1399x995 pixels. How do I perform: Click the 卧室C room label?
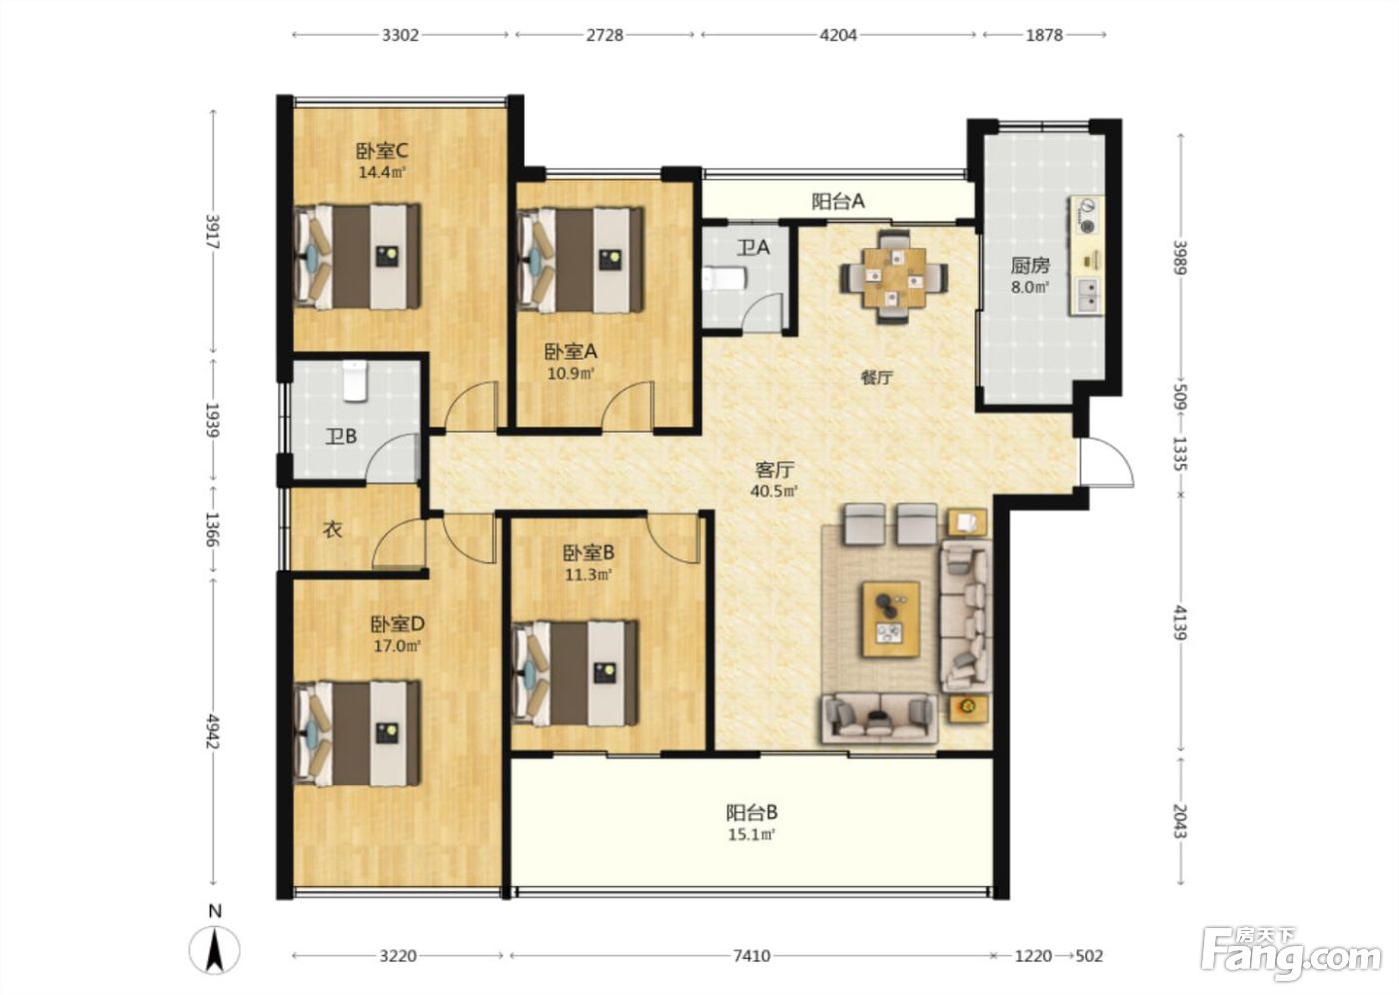point(382,151)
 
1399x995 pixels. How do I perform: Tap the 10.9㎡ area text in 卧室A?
point(571,374)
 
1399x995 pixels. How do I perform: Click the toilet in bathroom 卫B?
point(356,381)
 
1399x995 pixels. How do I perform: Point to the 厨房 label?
point(1030,266)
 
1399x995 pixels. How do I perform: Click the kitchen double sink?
point(1087,296)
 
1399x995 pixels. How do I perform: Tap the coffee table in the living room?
point(891,618)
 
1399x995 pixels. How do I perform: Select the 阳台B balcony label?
point(751,812)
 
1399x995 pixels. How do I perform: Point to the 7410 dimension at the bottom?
point(751,956)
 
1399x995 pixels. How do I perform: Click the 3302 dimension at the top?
point(401,35)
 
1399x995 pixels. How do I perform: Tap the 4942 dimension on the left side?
point(213,731)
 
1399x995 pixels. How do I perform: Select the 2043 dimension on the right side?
point(1180,821)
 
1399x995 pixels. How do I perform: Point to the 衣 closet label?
point(332,529)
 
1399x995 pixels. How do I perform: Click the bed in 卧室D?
point(357,733)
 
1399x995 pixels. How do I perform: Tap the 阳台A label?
point(838,201)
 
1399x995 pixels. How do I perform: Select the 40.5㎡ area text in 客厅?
point(774,491)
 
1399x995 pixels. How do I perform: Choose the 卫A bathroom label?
point(753,248)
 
